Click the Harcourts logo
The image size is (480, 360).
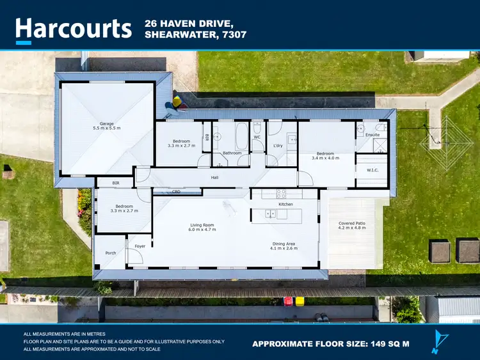[x=73, y=28]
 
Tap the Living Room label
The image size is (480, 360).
[x=202, y=225]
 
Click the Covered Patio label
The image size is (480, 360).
[x=351, y=223]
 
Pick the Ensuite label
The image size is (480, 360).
[x=372, y=135]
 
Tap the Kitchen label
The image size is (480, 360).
[x=285, y=204]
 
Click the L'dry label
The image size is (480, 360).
[x=278, y=145]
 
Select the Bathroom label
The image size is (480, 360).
[x=232, y=153]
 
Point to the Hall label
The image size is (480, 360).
[x=215, y=177]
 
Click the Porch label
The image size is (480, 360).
[x=110, y=253]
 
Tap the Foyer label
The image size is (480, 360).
[x=140, y=246]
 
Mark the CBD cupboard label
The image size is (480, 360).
[x=177, y=191]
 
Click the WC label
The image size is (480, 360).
[x=257, y=137]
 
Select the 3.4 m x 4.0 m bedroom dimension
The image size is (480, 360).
[x=325, y=157]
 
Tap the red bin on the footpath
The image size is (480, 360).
[x=289, y=301]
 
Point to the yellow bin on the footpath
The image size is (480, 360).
[x=300, y=301]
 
